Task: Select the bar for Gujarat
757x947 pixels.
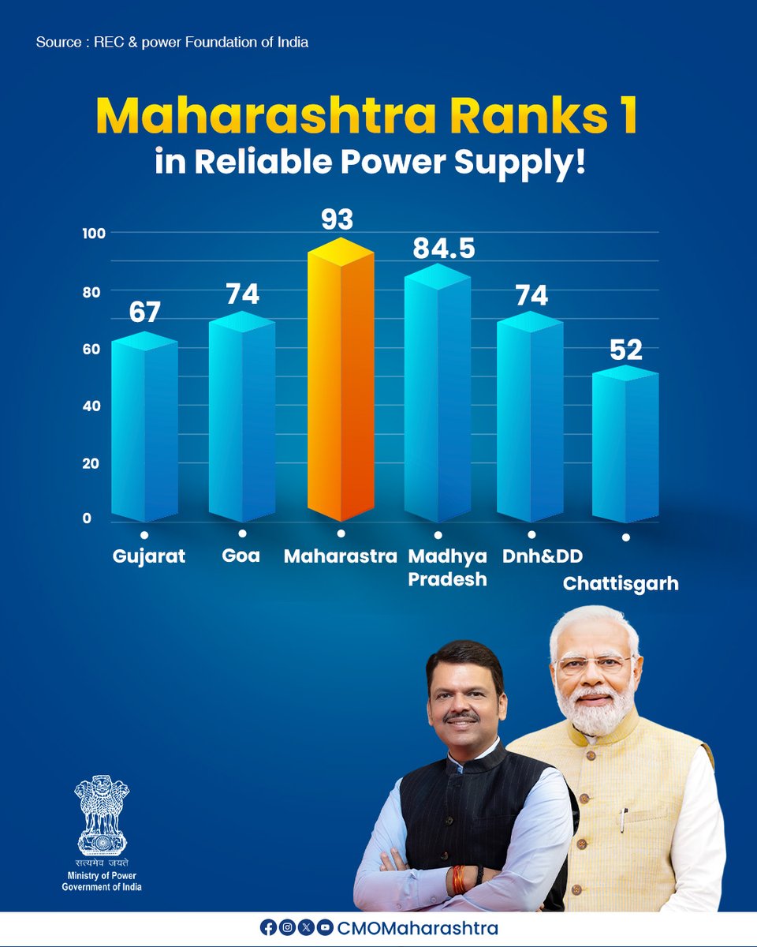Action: click(144, 430)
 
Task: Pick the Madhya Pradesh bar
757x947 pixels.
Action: click(437, 399)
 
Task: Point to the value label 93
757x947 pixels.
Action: click(337, 219)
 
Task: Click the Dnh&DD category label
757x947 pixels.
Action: click(543, 556)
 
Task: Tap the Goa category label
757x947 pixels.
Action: click(241, 556)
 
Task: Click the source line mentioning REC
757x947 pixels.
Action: click(172, 42)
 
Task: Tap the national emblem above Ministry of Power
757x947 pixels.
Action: click(102, 814)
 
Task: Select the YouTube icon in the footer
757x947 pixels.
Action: click(324, 929)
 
